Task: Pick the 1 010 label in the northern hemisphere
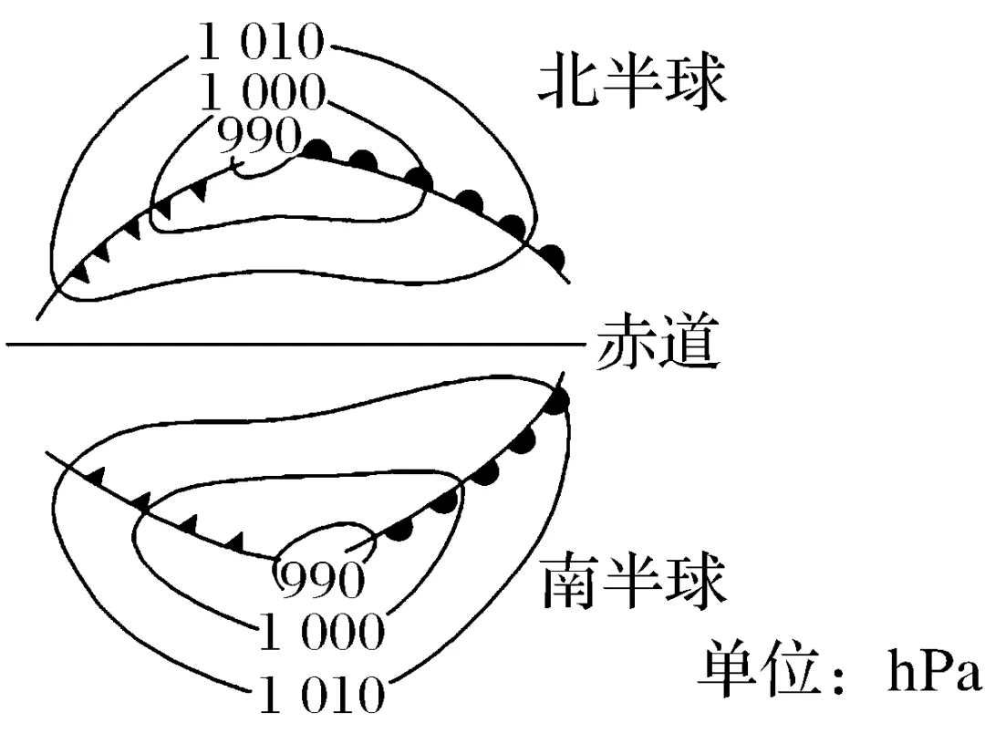[x=262, y=42]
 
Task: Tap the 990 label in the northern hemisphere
[x=259, y=137]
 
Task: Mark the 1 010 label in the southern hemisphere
[x=321, y=695]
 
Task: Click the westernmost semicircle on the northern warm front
[x=316, y=148]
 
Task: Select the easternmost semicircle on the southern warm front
[x=559, y=398]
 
